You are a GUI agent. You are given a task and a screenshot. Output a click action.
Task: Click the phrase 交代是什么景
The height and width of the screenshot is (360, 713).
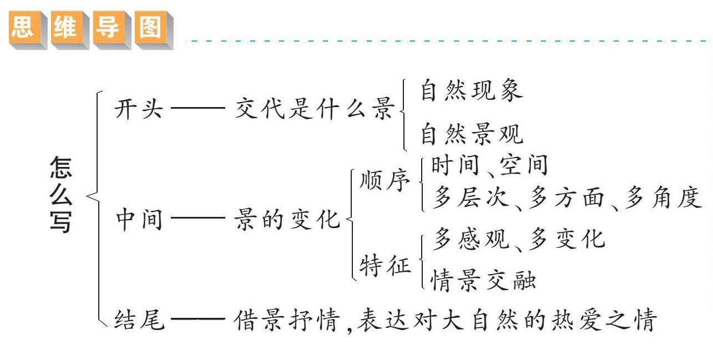pos(314,109)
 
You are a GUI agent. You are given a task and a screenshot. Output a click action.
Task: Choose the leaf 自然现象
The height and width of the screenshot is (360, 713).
pos(471,90)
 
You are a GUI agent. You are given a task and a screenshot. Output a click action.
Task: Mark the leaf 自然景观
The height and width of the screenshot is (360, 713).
pos(471,134)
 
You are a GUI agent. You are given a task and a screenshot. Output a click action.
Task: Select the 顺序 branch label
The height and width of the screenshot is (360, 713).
pos(385,181)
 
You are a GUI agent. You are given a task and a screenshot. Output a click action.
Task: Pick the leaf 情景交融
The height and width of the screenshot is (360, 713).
pos(483,281)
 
